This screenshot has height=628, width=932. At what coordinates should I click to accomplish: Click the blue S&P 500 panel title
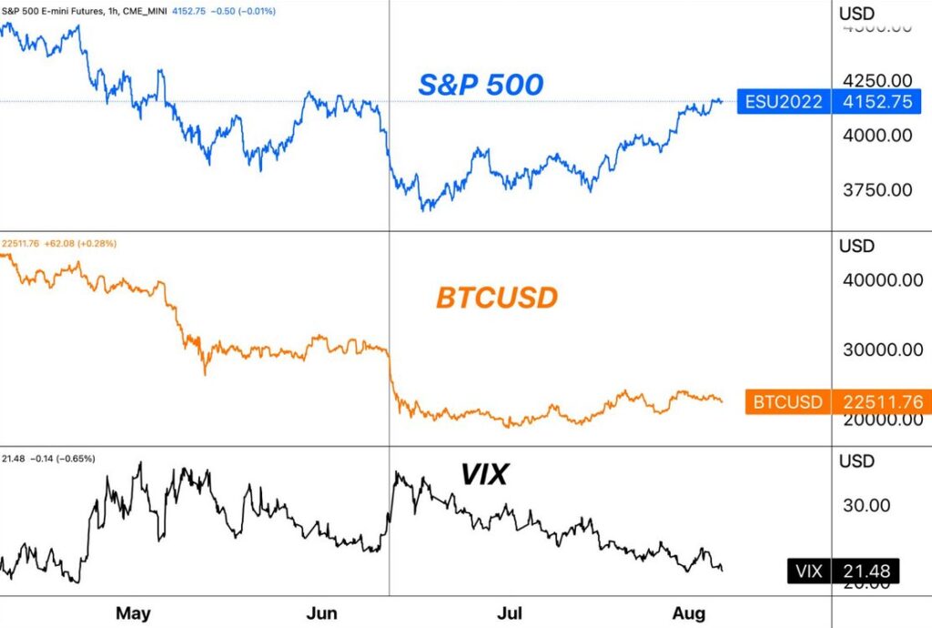click(x=481, y=85)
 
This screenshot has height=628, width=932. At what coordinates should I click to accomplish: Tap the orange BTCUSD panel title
click(x=497, y=298)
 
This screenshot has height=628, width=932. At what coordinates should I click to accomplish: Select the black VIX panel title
click(x=484, y=473)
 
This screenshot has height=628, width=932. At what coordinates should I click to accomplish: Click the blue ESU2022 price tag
click(x=783, y=102)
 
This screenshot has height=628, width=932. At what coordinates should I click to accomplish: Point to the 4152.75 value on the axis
click(x=877, y=102)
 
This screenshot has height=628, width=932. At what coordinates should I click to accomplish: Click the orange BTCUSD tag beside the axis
click(x=788, y=401)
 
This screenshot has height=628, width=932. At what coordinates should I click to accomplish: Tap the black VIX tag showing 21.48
click(x=841, y=571)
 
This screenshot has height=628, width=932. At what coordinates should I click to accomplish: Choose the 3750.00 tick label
click(x=875, y=190)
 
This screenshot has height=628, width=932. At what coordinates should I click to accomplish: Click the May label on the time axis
click(x=133, y=613)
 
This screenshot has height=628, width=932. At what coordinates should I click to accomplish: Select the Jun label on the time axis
click(x=322, y=613)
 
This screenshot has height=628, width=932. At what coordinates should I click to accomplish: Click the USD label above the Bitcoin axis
click(x=856, y=246)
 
